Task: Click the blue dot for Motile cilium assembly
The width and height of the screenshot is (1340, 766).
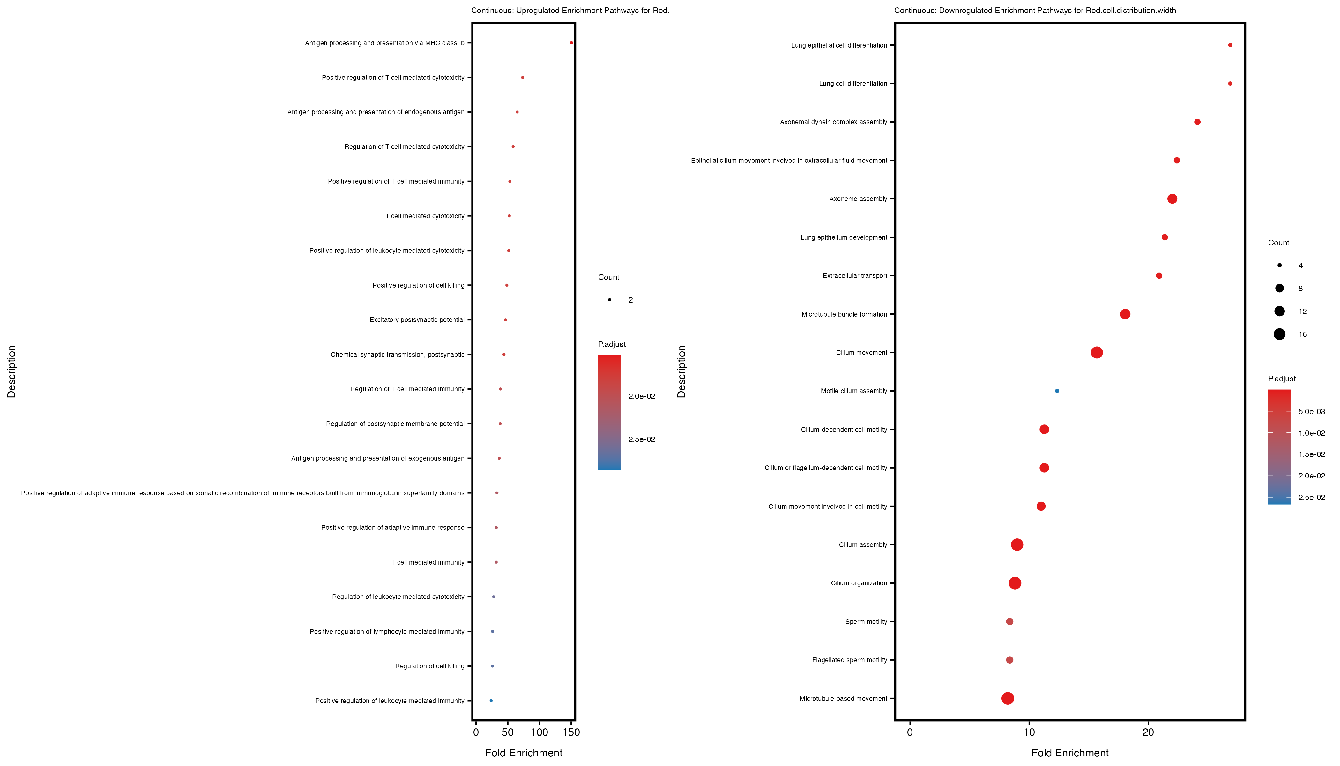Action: tap(1057, 391)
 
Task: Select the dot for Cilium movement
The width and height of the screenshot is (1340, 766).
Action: tap(1097, 352)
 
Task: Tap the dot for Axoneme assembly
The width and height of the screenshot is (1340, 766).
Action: tap(1172, 199)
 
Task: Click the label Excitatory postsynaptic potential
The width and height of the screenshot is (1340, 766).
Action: tap(417, 320)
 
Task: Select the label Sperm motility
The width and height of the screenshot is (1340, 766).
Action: tap(866, 622)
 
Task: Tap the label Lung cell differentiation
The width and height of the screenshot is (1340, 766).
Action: tap(853, 84)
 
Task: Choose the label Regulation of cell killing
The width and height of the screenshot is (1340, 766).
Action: tap(430, 666)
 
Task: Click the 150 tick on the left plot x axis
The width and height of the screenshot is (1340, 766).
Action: tap(571, 732)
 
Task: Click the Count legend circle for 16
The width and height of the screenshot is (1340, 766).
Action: tap(1279, 334)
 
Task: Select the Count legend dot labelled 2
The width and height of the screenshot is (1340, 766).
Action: tap(609, 300)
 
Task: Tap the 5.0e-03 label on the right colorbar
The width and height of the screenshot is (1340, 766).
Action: tap(1312, 412)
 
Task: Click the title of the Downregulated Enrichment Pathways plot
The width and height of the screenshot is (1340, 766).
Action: tap(1035, 11)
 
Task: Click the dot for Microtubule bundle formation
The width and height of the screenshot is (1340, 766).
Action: tap(1125, 314)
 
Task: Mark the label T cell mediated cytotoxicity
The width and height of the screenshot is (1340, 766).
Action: tap(425, 216)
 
